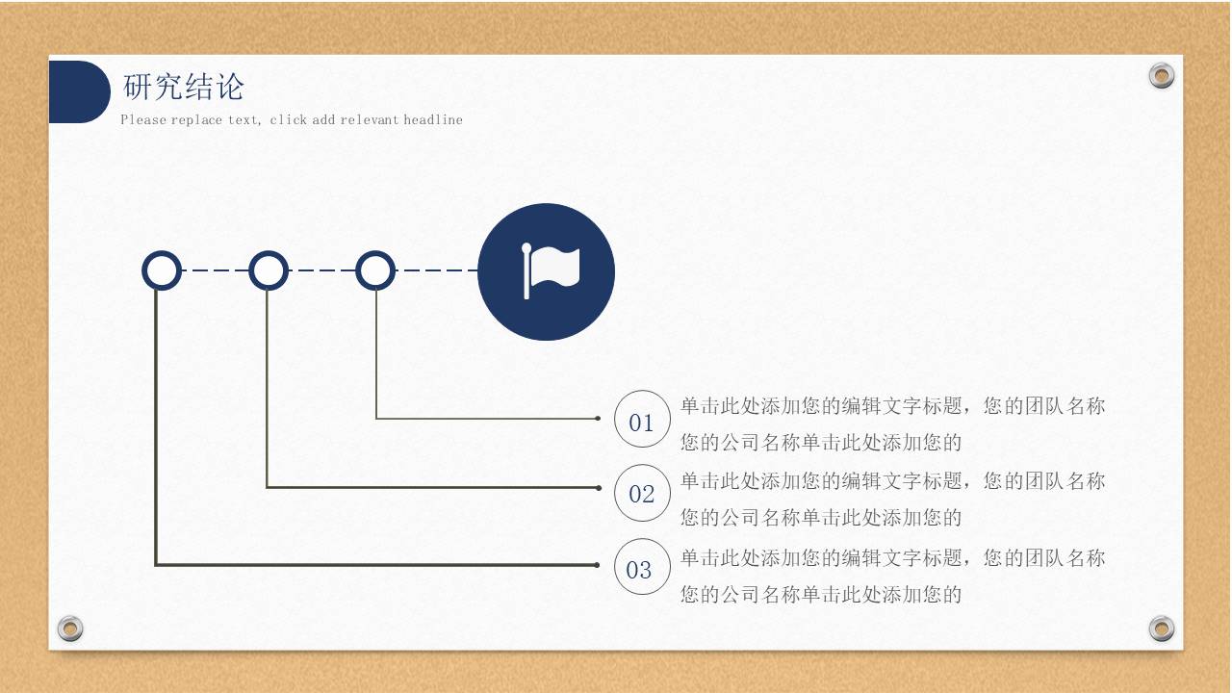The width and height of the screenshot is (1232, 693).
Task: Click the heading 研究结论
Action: tap(184, 88)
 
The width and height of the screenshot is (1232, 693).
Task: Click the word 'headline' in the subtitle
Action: tap(433, 120)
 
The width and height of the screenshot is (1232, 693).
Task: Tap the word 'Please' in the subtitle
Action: tap(143, 120)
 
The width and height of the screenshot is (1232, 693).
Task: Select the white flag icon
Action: tap(552, 270)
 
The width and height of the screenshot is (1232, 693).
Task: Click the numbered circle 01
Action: tap(642, 420)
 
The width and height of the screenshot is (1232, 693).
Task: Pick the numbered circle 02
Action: tap(642, 493)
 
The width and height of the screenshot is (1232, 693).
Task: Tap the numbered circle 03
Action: tap(642, 568)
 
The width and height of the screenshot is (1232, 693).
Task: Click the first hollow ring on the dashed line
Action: tap(162, 270)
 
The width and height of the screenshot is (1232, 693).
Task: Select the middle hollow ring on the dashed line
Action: tap(269, 270)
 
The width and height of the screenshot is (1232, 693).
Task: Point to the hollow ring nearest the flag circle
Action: tap(375, 270)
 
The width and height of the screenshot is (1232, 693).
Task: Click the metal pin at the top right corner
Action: tap(1162, 76)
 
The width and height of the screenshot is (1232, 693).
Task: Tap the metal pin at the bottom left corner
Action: tap(69, 629)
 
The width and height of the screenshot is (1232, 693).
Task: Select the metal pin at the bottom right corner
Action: tap(1162, 629)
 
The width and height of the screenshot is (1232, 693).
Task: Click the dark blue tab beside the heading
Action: tap(78, 92)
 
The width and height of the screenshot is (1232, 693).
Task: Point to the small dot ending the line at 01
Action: tap(598, 419)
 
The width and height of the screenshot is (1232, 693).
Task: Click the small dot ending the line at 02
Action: tap(598, 488)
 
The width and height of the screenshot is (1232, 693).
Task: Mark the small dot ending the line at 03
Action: tap(598, 565)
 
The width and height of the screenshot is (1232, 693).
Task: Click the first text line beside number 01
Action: tap(892, 406)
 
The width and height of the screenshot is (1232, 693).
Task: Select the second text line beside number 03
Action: tap(821, 595)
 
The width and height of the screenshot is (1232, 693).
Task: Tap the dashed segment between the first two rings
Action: tap(215, 270)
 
